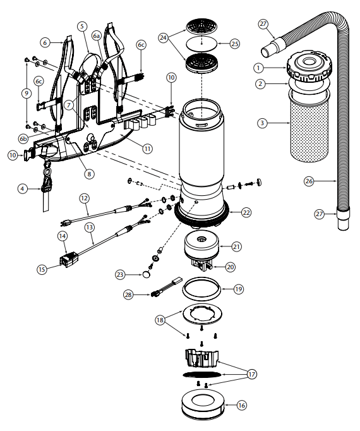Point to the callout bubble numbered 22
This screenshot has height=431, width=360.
coord(246,213)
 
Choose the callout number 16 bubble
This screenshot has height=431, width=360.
coord(241,405)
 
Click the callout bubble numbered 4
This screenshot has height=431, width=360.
coord(23,188)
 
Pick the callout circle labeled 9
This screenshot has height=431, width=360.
coord(26,93)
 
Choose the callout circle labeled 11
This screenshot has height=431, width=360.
coord(147,149)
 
